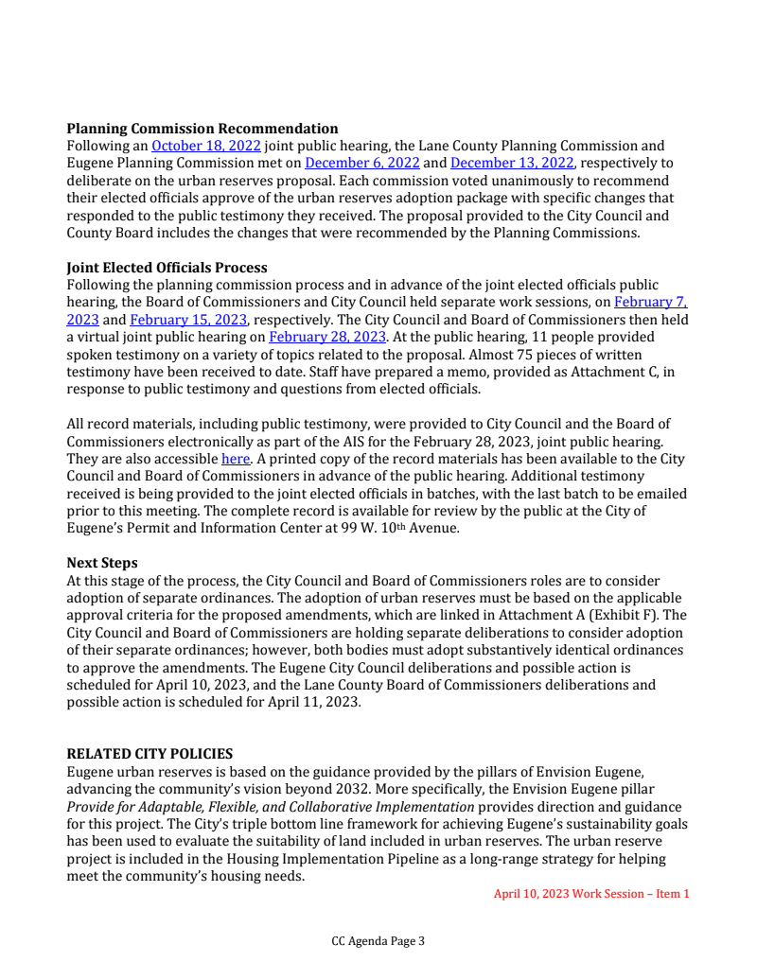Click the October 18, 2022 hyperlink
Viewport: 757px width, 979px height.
click(206, 147)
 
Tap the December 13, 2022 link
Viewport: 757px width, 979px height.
click(512, 164)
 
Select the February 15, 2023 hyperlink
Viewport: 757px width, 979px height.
click(188, 320)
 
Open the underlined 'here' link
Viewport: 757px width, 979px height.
click(235, 459)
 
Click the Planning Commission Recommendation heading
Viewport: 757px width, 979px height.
click(202, 129)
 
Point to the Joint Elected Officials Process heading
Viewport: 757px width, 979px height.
click(167, 268)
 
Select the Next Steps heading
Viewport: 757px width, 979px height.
click(101, 563)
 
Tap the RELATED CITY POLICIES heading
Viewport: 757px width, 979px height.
click(150, 754)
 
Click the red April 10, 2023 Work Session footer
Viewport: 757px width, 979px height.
click(591, 893)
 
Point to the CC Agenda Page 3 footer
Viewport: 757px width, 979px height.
click(378, 941)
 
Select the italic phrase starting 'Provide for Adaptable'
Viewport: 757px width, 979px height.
click(270, 807)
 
